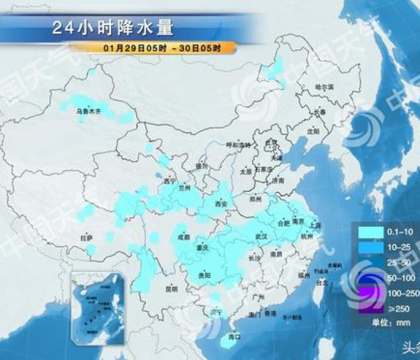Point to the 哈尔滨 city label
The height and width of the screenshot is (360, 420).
click(x=324, y=87)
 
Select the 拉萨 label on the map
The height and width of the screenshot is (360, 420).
click(x=86, y=238)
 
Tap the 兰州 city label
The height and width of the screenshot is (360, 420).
click(x=184, y=188)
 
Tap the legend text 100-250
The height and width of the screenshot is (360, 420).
click(x=398, y=293)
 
